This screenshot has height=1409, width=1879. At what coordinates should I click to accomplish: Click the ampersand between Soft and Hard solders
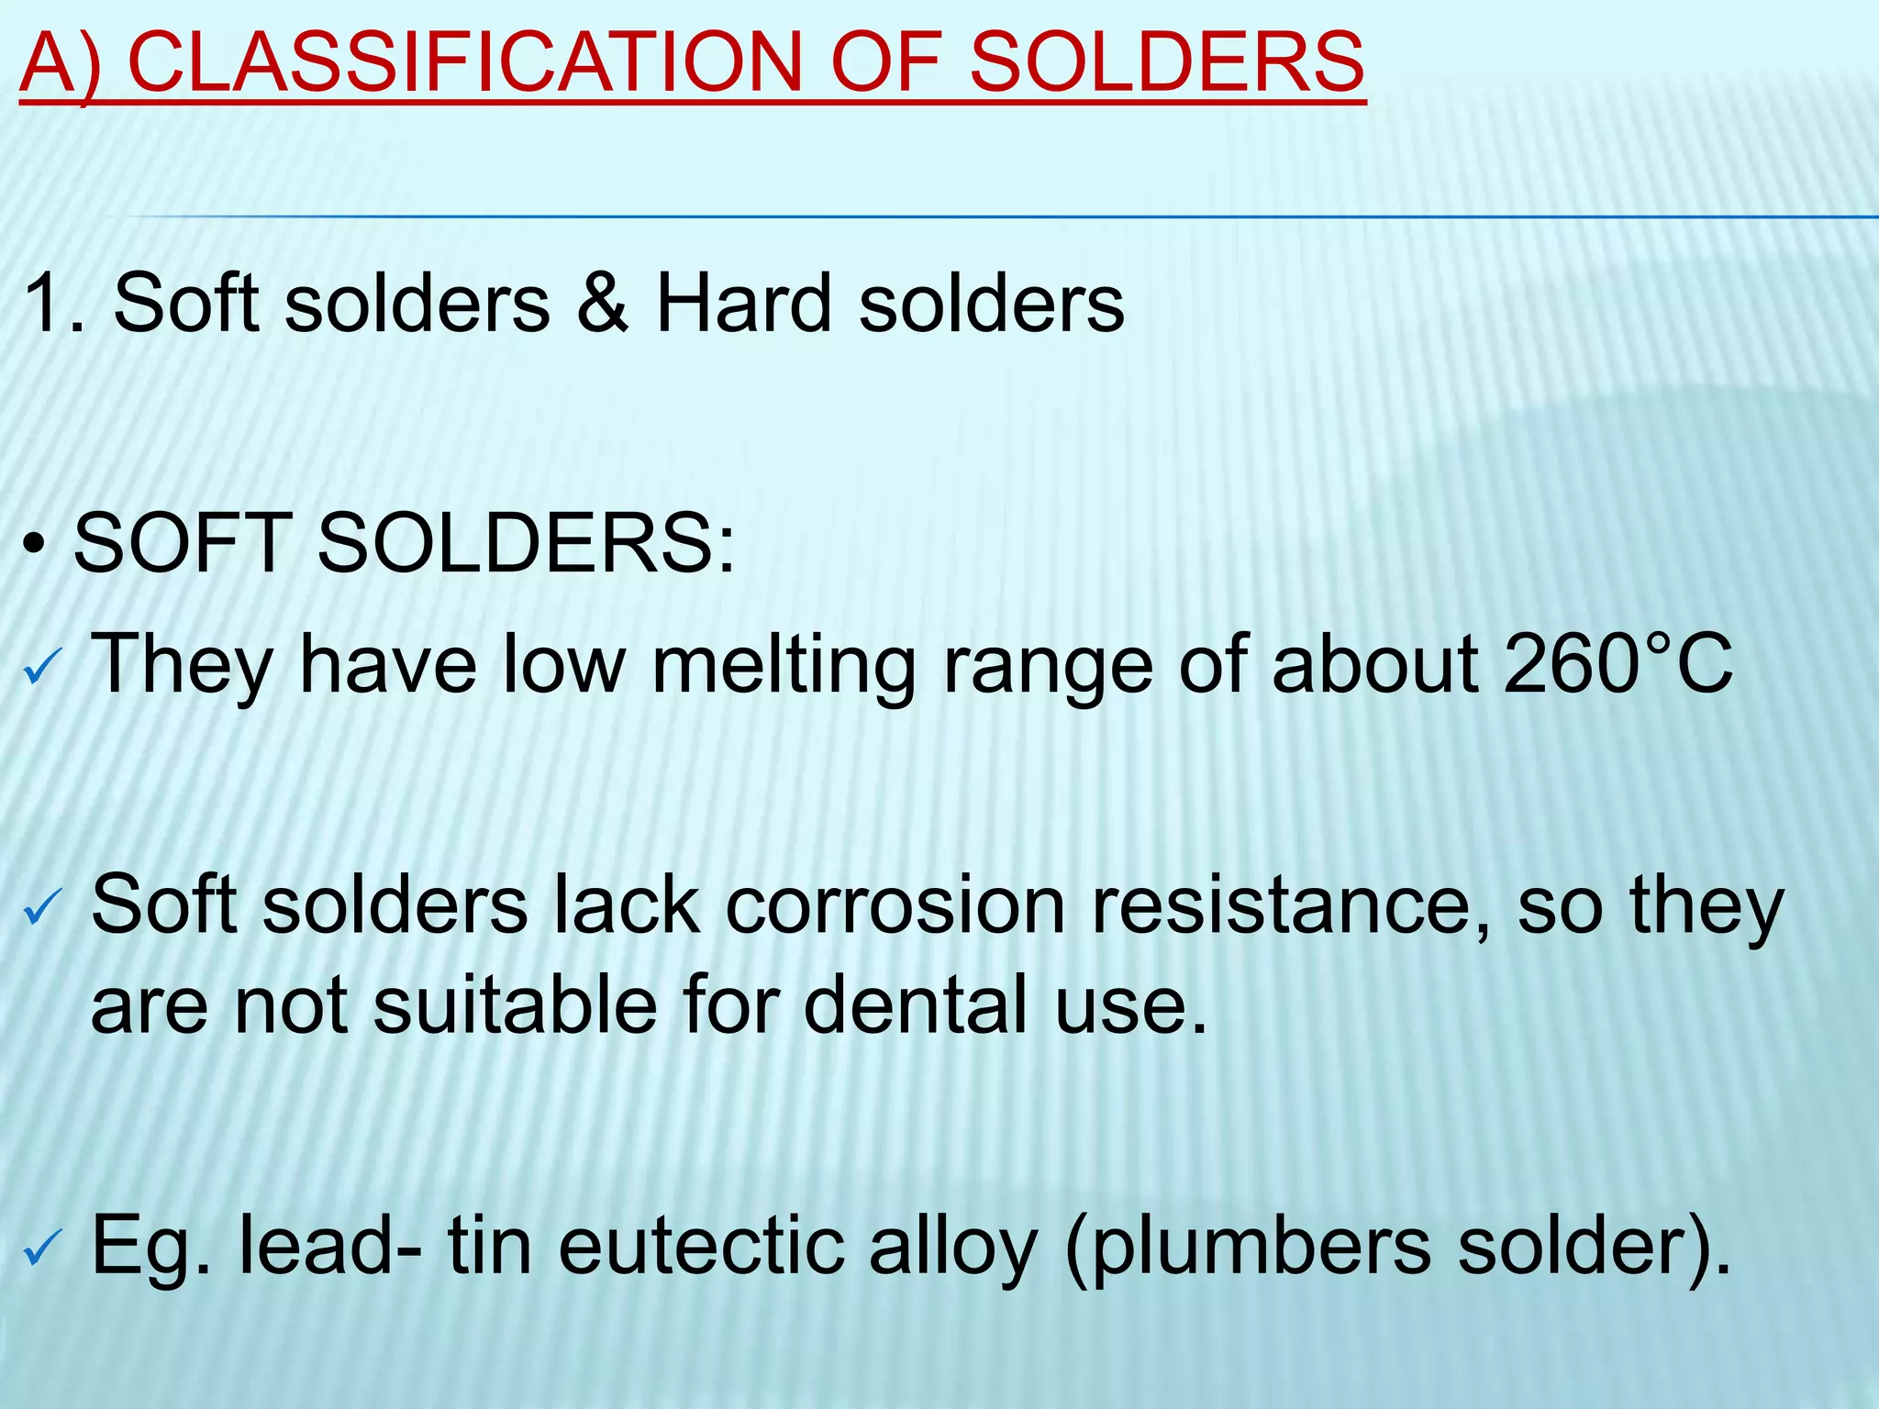[x=602, y=303]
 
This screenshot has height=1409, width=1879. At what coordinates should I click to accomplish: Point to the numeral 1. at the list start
[x=55, y=303]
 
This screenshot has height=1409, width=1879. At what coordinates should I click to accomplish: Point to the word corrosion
[x=895, y=906]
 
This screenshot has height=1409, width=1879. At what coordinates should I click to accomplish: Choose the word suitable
[x=515, y=1005]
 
